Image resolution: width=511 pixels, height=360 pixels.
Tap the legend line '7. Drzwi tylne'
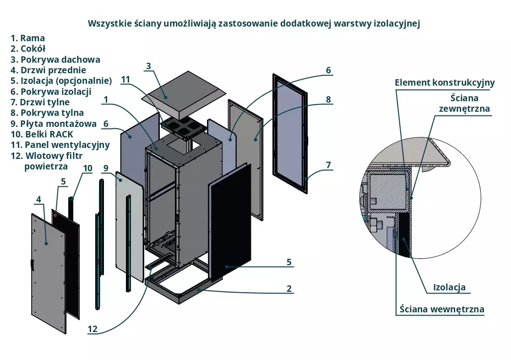pos(40,102)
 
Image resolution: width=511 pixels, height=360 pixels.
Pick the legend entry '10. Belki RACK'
pos(42,134)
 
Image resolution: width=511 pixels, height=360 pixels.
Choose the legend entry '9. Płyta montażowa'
pos(53,124)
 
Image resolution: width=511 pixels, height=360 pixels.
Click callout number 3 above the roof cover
pos(148,66)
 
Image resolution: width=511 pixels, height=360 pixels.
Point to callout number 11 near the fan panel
pos(126,80)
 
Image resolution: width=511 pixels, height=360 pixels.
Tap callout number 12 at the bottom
pos(93,328)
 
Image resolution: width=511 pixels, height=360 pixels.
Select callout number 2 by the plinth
pos(289,289)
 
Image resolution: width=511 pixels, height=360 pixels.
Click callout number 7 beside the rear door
pos(328,164)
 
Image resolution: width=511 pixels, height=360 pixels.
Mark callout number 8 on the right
pos(328,99)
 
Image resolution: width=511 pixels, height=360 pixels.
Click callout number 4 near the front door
pos(38,199)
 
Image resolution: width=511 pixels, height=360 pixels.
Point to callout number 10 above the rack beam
pos(87,168)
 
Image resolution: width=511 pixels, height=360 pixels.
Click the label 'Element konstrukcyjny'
pos(445,83)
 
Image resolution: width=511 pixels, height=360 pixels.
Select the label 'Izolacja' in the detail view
pos(449,288)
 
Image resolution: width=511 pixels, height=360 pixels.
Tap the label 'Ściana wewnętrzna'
pos(441,309)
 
